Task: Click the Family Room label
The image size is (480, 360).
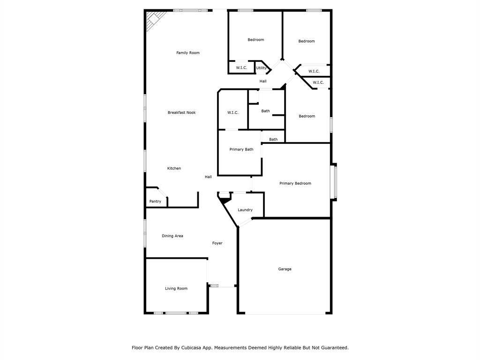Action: point(188,53)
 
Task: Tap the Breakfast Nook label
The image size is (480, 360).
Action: point(182,112)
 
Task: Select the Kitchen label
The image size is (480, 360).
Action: point(174,168)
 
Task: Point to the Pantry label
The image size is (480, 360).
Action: point(155,202)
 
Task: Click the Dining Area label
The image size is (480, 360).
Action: point(172,236)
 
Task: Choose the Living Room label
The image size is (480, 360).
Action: point(176,288)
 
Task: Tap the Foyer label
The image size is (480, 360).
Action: point(217,243)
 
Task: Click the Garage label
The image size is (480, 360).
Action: point(285,269)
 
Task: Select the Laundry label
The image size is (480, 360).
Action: point(245,210)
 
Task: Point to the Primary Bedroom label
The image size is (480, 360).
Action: point(295,183)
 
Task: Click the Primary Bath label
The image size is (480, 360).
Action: point(241,150)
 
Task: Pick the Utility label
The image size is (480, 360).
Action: point(262,68)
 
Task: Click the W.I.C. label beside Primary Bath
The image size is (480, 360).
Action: point(233,112)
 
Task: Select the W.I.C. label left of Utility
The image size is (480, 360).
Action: point(241,68)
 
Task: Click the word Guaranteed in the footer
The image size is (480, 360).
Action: point(334,348)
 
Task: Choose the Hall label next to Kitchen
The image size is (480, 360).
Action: point(208,177)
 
